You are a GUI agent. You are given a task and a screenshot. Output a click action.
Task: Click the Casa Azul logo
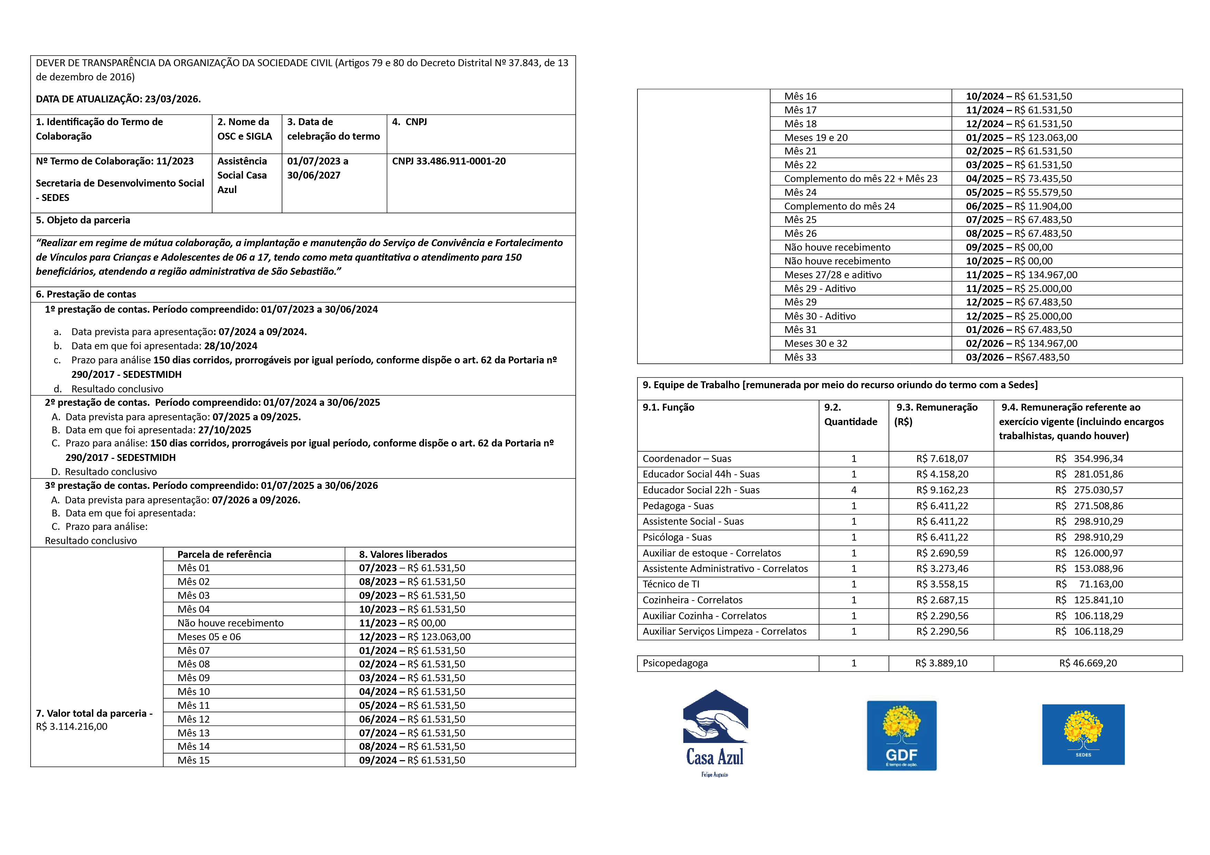pyautogui.click(x=715, y=732)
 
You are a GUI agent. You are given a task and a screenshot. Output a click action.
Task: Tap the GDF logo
pyautogui.click(x=901, y=735)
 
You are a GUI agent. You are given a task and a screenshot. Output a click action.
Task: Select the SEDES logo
pyautogui.click(x=1083, y=734)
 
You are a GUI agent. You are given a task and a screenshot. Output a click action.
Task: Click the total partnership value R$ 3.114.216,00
pyautogui.click(x=72, y=726)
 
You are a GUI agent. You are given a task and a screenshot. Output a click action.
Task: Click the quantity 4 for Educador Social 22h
pyautogui.click(x=854, y=490)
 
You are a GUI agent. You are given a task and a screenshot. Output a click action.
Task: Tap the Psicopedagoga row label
pyautogui.click(x=675, y=663)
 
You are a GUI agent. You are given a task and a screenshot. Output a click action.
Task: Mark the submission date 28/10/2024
pyautogui.click(x=231, y=346)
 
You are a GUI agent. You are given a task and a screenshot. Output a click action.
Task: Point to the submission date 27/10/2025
pyautogui.click(x=225, y=430)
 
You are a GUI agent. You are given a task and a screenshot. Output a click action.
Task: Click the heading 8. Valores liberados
pyautogui.click(x=403, y=554)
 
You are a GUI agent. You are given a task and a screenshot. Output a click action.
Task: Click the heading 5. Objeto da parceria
pyautogui.click(x=83, y=220)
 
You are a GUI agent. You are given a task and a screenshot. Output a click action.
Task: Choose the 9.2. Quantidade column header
pyautogui.click(x=851, y=415)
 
